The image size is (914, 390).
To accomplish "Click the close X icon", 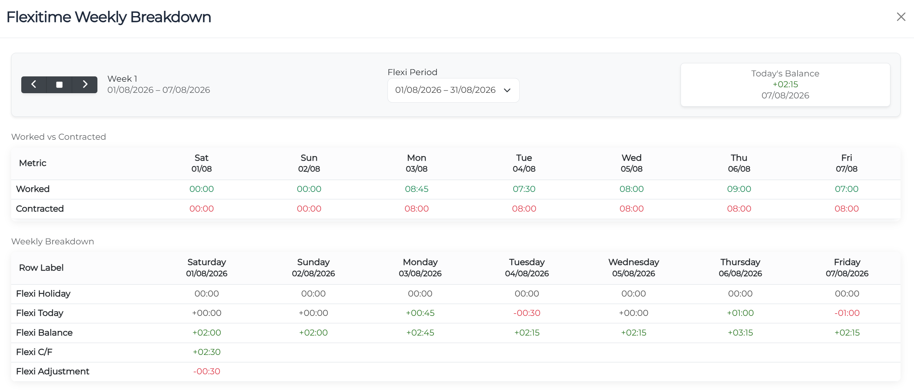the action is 901,17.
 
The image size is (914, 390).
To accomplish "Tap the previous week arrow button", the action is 34,84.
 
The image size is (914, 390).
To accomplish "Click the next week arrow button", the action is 85,84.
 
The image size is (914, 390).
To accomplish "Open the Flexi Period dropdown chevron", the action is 507,90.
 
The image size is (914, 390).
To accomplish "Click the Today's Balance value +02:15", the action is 785,84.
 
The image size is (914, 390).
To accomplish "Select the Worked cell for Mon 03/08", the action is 417,189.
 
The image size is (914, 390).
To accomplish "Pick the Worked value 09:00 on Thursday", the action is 739,189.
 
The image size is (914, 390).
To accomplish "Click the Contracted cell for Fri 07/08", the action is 846,208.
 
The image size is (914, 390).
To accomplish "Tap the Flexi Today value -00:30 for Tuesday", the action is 527,313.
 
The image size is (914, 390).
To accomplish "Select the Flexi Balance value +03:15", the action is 740,333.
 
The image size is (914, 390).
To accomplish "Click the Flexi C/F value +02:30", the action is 207,352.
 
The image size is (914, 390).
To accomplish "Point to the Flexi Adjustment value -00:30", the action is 207,371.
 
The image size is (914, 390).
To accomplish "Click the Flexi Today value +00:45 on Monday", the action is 420,313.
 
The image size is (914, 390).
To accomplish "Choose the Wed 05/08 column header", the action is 631,163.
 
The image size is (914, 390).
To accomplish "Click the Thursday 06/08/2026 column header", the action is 740,268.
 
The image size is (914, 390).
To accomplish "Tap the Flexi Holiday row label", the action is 43,294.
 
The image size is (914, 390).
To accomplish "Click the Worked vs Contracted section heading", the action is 59,137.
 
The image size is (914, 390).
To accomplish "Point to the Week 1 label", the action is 122,78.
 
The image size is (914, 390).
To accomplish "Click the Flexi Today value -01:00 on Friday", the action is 847,313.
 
